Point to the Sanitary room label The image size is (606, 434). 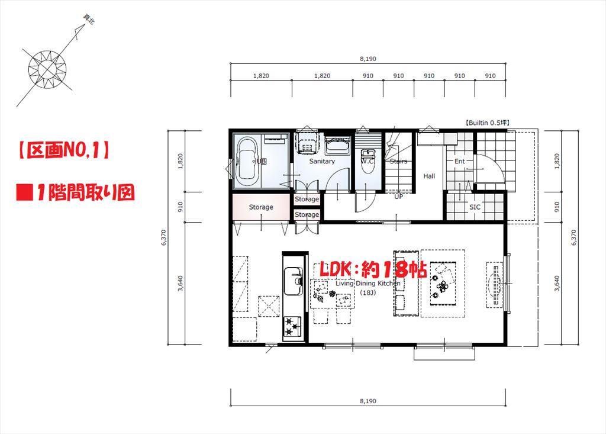point(322,161)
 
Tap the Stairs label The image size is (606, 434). point(398,161)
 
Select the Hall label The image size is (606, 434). point(429,176)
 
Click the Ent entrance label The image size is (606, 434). point(460,161)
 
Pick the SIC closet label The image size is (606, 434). point(475,207)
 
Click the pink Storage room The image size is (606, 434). point(261,207)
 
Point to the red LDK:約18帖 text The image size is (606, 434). point(373,269)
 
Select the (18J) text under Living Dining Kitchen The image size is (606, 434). point(368,292)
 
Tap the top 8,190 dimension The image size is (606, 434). point(368,59)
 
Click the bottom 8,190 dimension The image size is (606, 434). point(368,401)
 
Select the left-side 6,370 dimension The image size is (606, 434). point(164,239)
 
